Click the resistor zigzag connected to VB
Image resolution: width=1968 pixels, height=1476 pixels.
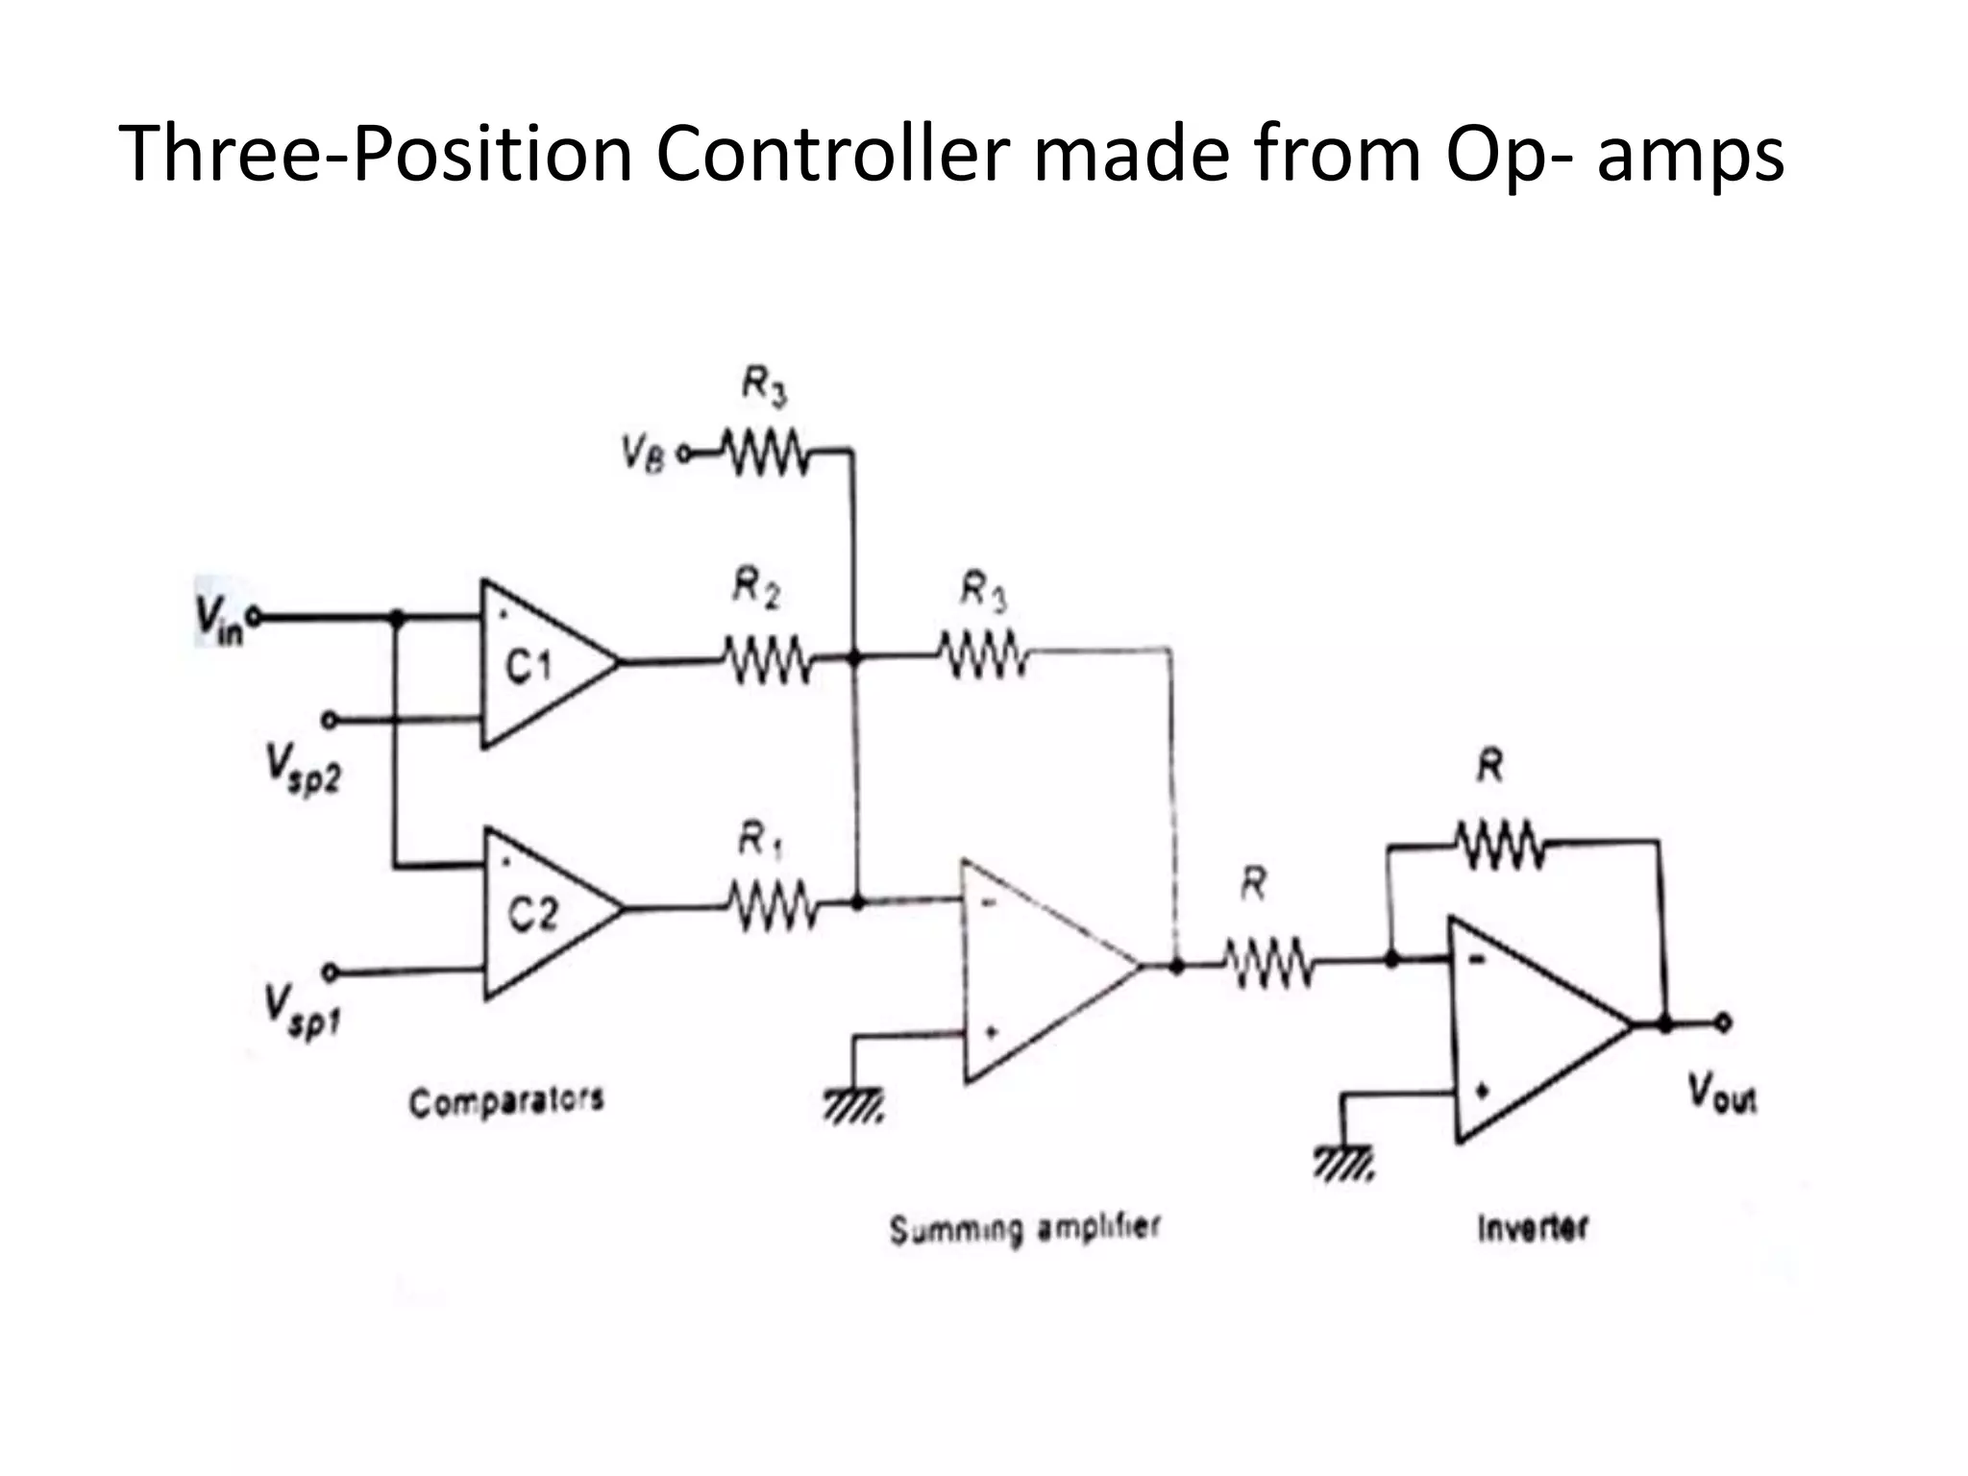pos(766,452)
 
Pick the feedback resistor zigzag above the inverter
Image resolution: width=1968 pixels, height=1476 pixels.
pos(1499,846)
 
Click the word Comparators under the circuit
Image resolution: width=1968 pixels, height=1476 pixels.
pos(506,1101)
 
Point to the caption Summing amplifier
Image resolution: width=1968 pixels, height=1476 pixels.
pos(1024,1229)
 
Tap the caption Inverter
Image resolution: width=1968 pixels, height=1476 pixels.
pos(1532,1228)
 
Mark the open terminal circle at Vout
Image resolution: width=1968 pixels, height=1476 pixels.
pos(1725,1024)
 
